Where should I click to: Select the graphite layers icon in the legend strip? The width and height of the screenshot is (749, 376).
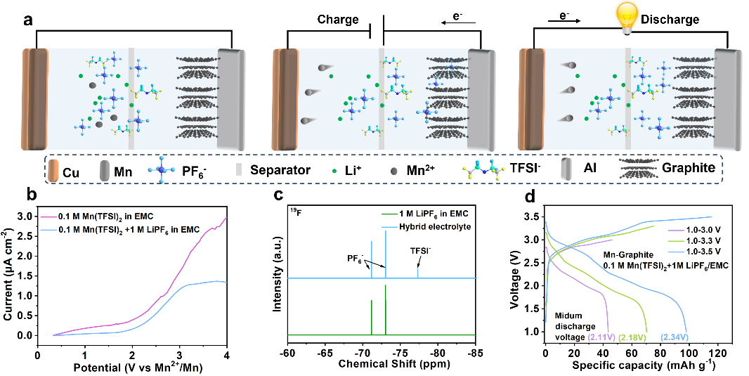639,169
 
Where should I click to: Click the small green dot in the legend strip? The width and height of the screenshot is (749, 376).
334,171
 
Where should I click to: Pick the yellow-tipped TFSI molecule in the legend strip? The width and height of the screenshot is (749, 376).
485,170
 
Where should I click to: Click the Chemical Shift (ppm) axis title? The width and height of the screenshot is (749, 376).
384,364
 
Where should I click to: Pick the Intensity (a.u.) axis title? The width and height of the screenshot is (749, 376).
278,274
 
